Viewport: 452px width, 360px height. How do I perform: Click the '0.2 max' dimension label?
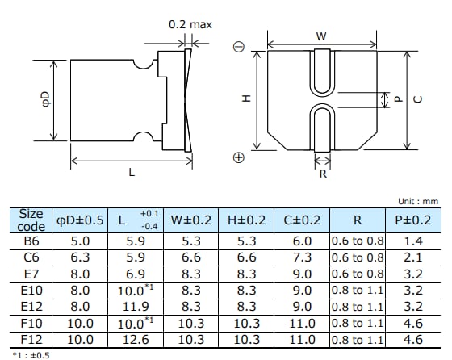(x=190, y=24)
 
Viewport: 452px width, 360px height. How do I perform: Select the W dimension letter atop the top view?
(x=320, y=36)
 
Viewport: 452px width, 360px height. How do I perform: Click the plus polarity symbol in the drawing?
(x=238, y=158)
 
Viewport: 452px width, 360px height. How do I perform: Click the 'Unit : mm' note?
(x=420, y=201)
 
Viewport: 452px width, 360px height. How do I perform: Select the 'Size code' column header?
(x=31, y=220)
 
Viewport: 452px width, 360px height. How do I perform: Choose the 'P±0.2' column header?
(x=412, y=220)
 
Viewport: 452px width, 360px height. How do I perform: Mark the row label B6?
(x=31, y=241)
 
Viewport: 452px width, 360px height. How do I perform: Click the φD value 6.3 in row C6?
(x=80, y=257)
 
